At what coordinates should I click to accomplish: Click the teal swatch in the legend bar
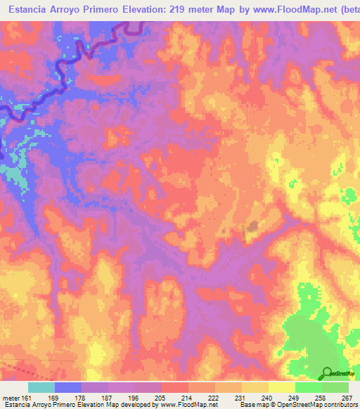(x=41, y=387)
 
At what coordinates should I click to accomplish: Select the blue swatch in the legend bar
(x=68, y=387)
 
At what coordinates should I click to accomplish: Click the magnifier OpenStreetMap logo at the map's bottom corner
(x=327, y=372)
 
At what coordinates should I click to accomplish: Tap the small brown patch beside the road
(x=251, y=226)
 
